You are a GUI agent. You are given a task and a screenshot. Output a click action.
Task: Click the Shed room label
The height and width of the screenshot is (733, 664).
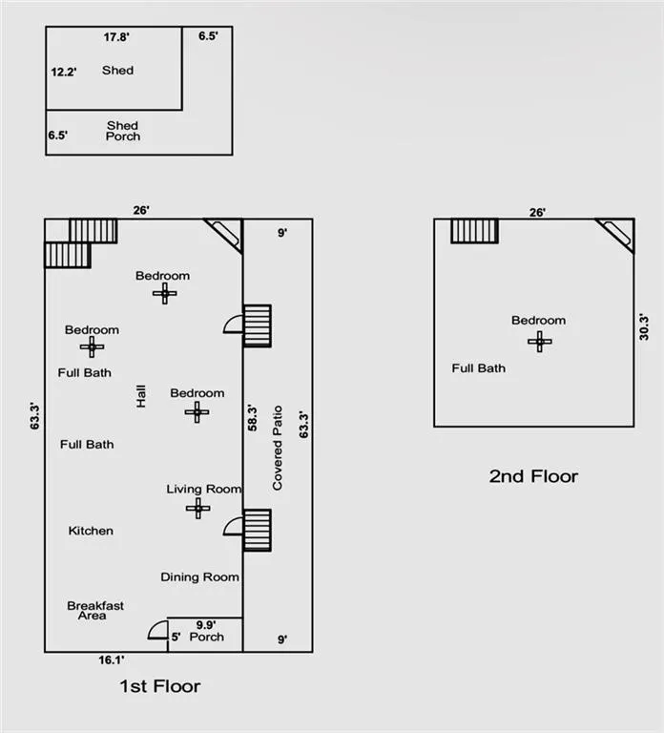point(117,70)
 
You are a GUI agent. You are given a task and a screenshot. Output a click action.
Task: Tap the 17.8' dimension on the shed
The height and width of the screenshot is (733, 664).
point(116,37)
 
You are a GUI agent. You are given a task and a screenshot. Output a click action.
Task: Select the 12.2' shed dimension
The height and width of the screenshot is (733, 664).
point(64,72)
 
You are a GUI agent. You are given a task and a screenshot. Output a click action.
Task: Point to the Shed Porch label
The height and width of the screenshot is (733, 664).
point(122,131)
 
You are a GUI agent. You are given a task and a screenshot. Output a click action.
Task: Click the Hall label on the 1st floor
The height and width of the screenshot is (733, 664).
point(140,396)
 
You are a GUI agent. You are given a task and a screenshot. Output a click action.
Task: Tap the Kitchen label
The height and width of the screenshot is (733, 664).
point(91,531)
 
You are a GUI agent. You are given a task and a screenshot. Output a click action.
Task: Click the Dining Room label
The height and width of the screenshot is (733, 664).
point(200,577)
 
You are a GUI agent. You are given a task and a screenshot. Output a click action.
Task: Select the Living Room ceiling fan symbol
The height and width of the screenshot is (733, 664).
point(198,508)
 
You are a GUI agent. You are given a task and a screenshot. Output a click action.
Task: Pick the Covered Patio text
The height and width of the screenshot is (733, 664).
point(278,448)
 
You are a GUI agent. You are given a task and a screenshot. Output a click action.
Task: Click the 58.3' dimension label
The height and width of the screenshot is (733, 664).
point(252,418)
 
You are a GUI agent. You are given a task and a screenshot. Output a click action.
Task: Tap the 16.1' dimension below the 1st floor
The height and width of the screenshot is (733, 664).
point(112,660)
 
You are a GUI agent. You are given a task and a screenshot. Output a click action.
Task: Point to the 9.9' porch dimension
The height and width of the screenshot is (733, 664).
point(206,625)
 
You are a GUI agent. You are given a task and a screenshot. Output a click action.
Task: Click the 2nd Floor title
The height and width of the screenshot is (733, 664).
point(533,476)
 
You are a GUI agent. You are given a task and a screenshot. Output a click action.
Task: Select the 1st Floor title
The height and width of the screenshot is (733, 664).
point(160,686)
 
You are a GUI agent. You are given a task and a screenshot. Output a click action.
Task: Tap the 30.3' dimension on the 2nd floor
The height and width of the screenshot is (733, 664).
point(644,326)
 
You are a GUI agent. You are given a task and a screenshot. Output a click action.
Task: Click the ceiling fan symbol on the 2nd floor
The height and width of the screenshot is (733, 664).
point(540,342)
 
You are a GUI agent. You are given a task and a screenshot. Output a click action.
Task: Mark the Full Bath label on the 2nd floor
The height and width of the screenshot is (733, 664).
point(479,368)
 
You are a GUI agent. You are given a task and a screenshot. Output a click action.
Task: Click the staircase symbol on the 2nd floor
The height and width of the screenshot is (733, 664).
point(475,231)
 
